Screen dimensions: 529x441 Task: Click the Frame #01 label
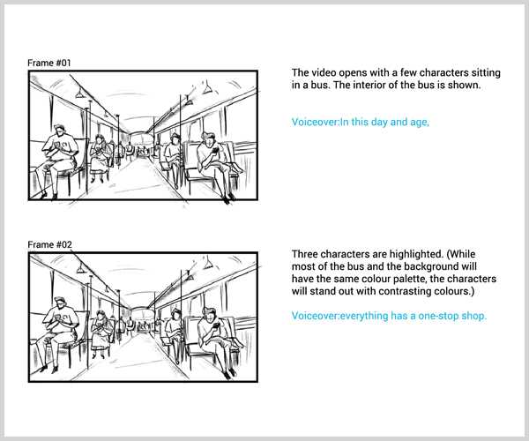point(49,64)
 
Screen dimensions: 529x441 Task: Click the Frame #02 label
point(50,244)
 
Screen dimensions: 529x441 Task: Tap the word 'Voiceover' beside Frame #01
point(315,122)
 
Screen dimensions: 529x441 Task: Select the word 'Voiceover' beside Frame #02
point(315,316)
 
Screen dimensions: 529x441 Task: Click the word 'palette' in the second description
point(408,279)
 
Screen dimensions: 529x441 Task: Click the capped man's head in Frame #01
point(59,131)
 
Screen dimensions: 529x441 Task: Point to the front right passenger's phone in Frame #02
point(216,325)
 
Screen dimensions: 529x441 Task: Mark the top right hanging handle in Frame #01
point(207,88)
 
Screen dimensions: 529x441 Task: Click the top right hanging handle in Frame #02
point(208,263)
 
